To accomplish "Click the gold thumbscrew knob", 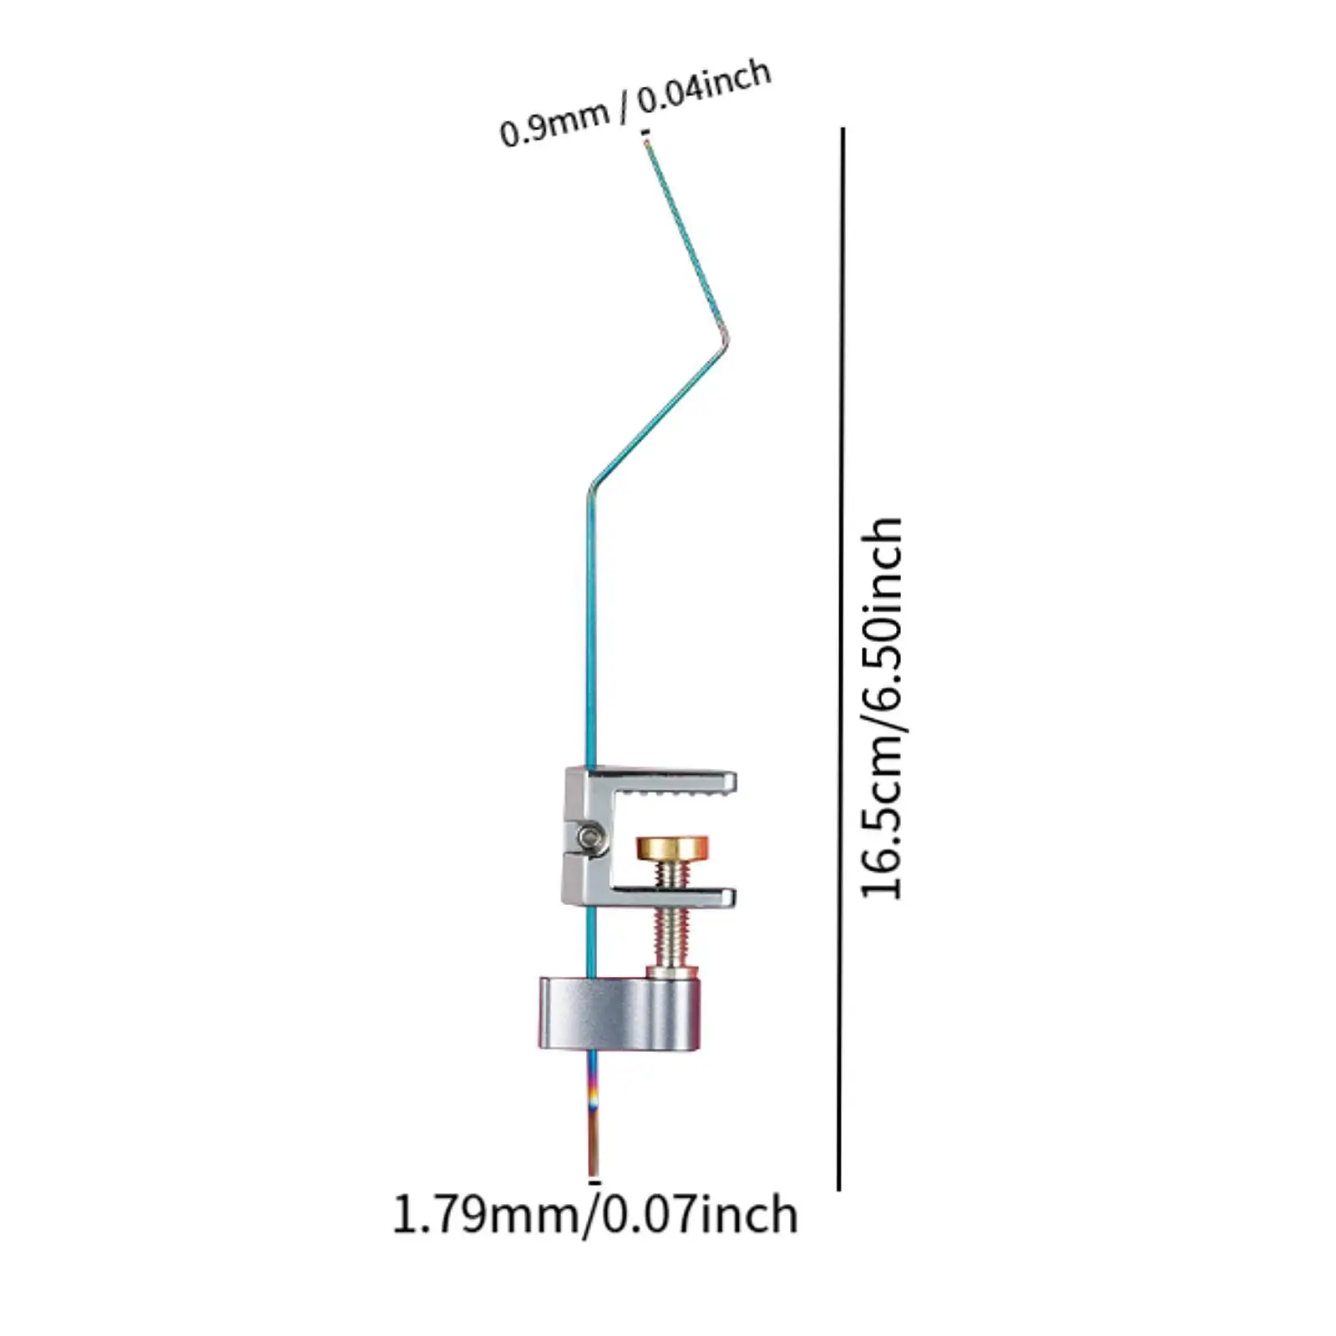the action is [672, 849].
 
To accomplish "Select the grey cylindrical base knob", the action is [618, 1013].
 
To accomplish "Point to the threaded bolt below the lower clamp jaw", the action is [672, 935].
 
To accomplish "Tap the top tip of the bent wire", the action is [645, 144].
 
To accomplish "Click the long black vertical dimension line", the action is [841, 660].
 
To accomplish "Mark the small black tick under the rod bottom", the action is [594, 1182].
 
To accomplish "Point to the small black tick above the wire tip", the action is [645, 132].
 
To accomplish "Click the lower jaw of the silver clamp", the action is [668, 898].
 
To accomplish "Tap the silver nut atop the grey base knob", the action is [672, 970].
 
